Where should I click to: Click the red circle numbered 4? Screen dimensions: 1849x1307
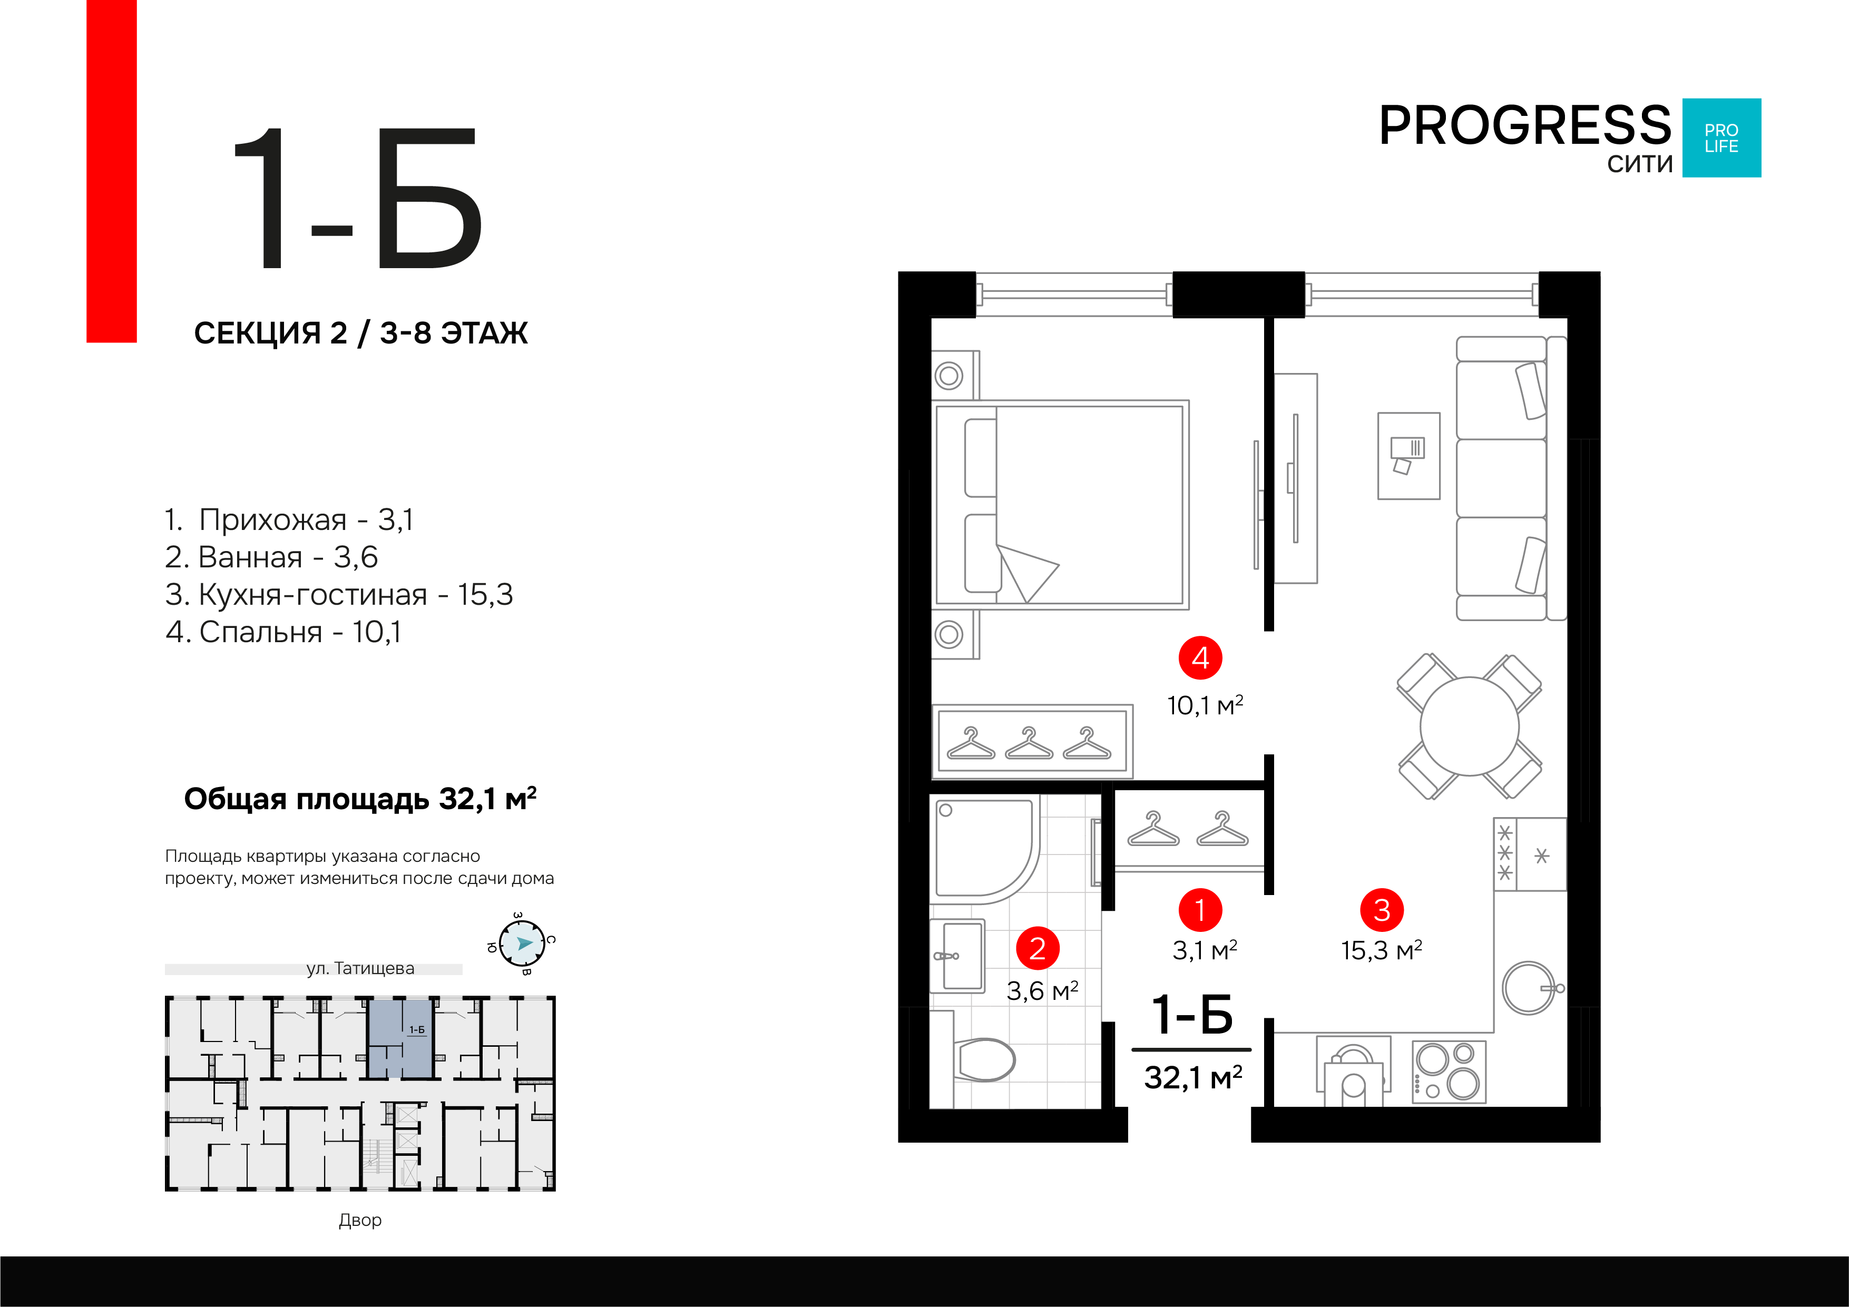[x=1200, y=658]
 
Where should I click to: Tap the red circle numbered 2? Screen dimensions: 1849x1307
[x=1037, y=949]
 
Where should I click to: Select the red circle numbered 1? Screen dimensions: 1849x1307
[x=1200, y=910]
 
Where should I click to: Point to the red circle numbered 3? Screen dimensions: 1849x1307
[x=1382, y=910]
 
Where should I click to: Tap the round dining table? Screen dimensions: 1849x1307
[x=1470, y=726]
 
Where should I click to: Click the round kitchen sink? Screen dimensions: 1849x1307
[x=1529, y=987]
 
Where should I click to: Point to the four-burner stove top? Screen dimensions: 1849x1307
[x=1449, y=1071]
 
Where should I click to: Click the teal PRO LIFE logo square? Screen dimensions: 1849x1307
[x=1722, y=137]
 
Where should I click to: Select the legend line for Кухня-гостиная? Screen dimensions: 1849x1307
[x=338, y=594]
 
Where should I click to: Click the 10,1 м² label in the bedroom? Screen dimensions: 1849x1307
[x=1205, y=705]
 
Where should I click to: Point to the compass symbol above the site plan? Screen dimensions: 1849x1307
[x=521, y=943]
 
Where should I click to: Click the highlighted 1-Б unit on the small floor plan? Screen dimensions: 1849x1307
[x=401, y=1039]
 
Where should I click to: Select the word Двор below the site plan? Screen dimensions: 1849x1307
[x=360, y=1220]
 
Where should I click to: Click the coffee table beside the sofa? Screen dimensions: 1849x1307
[x=1408, y=456]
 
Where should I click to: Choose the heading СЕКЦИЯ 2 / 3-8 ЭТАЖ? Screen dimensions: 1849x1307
[x=361, y=332]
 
